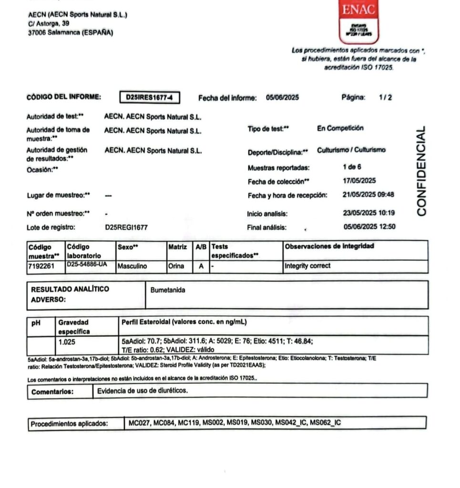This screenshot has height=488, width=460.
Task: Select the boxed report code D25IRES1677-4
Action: pos(150,98)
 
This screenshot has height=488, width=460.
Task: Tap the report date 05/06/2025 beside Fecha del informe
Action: pos(282,98)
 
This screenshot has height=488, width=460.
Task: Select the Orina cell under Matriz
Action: pos(176,266)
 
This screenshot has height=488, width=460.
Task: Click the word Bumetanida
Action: pos(168,290)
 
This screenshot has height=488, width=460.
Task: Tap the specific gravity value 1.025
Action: pos(67,342)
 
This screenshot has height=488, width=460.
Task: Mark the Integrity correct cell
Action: pos(307,266)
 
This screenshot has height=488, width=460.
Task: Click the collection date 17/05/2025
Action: pos(360,181)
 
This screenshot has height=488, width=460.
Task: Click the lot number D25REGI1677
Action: pos(126,227)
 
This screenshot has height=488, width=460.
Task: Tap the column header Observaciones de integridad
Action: pos(329,246)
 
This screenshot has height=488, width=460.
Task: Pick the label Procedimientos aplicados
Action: pos(70,423)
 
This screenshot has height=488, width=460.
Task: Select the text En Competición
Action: pos(340,128)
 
